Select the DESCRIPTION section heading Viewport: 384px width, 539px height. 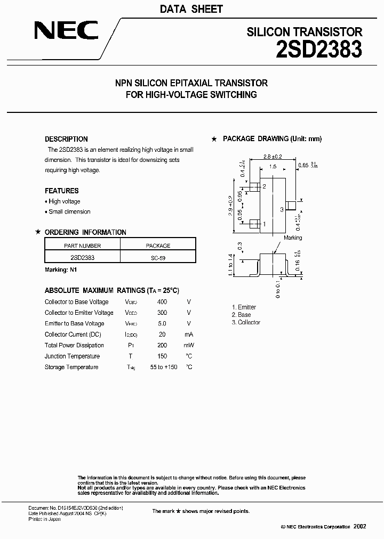coord(66,139)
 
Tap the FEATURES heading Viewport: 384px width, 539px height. coord(61,191)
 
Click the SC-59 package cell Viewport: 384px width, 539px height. coord(158,257)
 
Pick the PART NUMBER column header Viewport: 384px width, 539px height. coord(82,246)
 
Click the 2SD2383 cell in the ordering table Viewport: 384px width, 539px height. coord(82,257)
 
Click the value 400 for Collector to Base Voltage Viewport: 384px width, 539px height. coord(162,302)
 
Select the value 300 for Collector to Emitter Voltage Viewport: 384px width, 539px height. coord(162,313)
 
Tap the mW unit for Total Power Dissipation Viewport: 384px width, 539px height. coord(188,345)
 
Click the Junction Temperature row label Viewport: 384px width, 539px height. coord(72,356)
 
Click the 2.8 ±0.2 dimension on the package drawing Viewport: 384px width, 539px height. coord(273,157)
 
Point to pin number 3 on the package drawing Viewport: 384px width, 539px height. coord(282,210)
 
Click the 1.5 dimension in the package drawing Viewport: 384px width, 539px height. coord(273,167)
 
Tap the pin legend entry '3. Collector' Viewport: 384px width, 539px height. coord(246,323)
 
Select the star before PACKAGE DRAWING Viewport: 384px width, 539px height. coord(214,139)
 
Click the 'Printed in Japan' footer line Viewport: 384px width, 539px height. coord(44,519)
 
